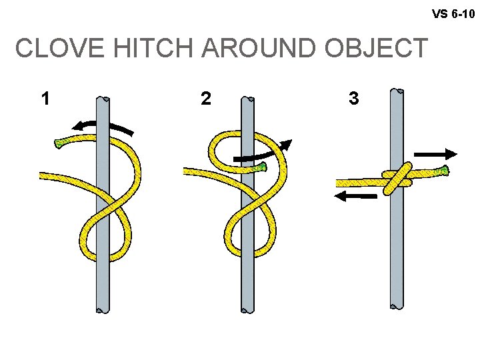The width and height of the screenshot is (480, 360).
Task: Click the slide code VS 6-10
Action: (x=453, y=13)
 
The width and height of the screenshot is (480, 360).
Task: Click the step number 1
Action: (x=45, y=99)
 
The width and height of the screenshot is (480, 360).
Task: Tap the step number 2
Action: (x=206, y=99)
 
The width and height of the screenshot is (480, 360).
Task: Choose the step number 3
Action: (x=353, y=99)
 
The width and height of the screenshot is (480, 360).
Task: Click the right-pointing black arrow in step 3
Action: (x=437, y=153)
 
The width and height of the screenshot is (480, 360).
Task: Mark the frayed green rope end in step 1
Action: (x=61, y=143)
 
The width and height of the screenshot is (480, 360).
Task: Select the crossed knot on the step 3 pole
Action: (x=397, y=178)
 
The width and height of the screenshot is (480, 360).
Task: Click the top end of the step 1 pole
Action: (x=103, y=100)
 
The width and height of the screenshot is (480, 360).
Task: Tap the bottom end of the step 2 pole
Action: (x=247, y=307)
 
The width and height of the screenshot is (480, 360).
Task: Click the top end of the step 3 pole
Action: (x=397, y=91)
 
